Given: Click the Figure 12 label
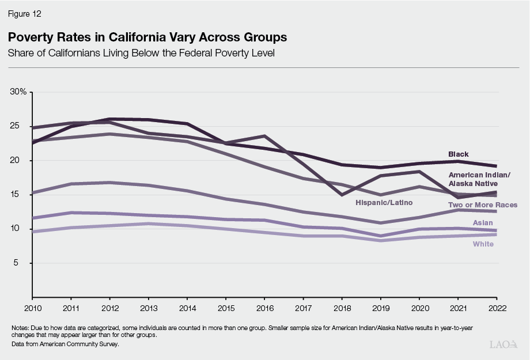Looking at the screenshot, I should pyautogui.click(x=25, y=12).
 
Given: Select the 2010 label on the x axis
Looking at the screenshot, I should pyautogui.click(x=33, y=308).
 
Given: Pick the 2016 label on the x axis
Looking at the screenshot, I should pyautogui.click(x=264, y=308).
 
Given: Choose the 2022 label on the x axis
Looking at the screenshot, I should pyautogui.click(x=497, y=308).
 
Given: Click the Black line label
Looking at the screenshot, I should pyautogui.click(x=459, y=154).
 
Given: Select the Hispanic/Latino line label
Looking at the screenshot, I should pyautogui.click(x=380, y=203).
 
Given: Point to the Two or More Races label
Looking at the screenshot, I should pyautogui.click(x=482, y=204).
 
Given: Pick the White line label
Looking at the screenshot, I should pyautogui.click(x=483, y=244).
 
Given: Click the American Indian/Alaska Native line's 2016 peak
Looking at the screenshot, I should pyautogui.click(x=264, y=136).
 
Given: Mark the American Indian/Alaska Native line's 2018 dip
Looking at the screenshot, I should pyautogui.click(x=342, y=195).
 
